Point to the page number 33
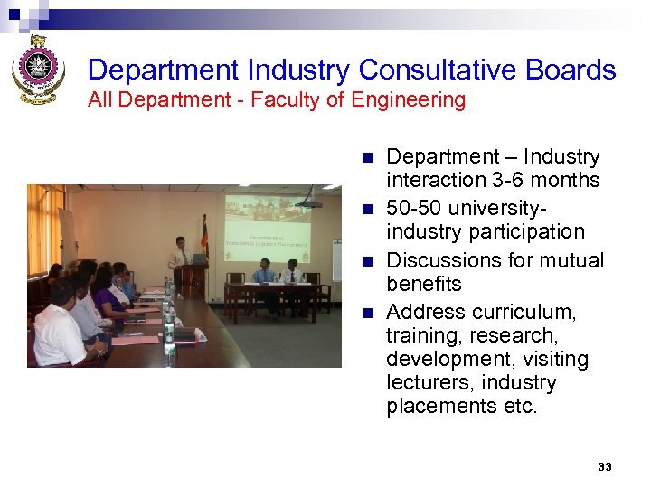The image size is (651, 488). (x=605, y=466)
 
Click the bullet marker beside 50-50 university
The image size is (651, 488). (x=366, y=209)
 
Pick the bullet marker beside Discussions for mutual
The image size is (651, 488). (x=366, y=261)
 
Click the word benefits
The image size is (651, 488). (x=424, y=284)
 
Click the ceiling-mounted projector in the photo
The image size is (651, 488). (x=309, y=202)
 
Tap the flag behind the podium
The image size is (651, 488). (x=204, y=237)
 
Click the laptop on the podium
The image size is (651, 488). (x=198, y=258)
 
